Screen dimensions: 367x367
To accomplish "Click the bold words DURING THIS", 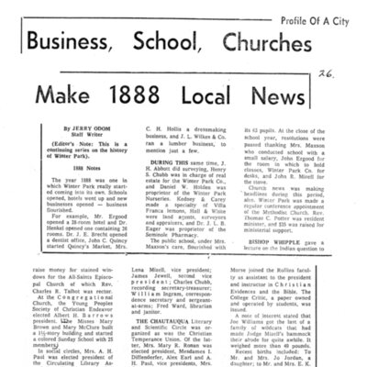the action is click(161, 182).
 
